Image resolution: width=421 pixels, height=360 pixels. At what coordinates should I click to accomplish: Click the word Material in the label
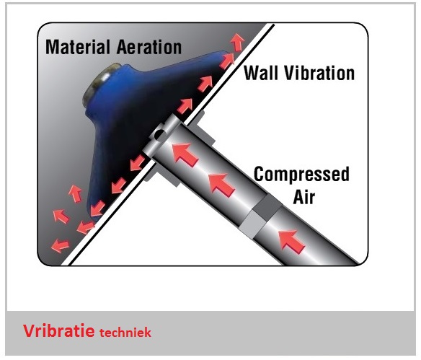[x=78, y=47]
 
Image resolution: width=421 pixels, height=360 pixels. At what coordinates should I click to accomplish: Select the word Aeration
[x=149, y=47]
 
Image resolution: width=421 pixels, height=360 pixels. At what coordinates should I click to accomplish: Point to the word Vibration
[x=319, y=73]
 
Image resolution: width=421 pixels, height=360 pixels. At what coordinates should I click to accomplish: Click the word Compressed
[x=301, y=175]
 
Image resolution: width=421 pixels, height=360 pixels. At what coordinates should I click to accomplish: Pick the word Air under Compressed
[x=304, y=197]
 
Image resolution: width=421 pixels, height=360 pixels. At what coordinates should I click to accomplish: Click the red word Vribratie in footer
[x=58, y=330]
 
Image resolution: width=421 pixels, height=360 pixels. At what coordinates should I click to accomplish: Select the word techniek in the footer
[x=125, y=333]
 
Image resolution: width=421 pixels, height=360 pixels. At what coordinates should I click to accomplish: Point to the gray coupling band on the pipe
[x=260, y=216]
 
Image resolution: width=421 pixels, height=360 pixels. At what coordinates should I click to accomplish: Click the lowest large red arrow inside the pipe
[x=291, y=242]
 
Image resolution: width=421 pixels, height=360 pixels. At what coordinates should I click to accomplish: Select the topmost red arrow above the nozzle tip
[x=238, y=42]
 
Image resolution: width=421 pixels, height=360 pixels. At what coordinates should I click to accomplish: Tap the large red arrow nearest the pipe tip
[x=185, y=154]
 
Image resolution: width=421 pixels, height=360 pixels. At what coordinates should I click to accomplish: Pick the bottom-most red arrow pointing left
[x=60, y=245]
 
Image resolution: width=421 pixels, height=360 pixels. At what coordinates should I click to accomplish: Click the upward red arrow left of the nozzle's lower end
[x=76, y=193]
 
